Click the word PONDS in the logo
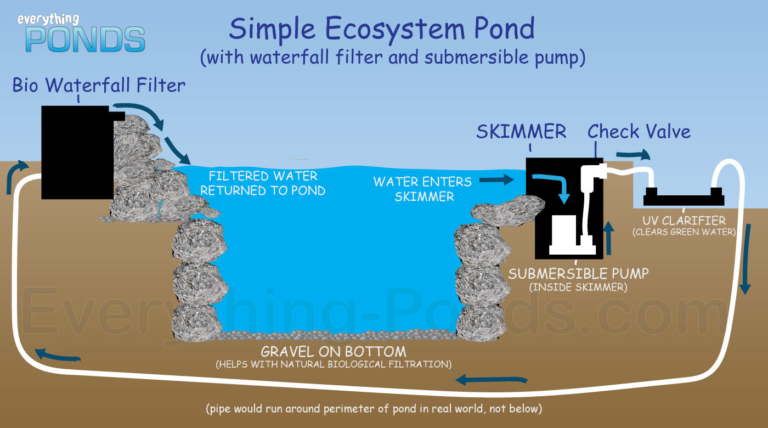pyautogui.click(x=86, y=40)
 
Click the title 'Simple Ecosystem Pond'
pyautogui.click(x=382, y=29)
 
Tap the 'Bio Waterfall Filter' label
pyautogui.click(x=99, y=85)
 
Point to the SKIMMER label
pyautogui.click(x=521, y=132)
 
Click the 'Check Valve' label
pyautogui.click(x=639, y=131)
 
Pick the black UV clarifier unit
pyautogui.click(x=684, y=197)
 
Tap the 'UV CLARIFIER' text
pyautogui.click(x=684, y=220)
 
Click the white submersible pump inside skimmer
pyautogui.click(x=572, y=235)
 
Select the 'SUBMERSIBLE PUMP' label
pyautogui.click(x=578, y=274)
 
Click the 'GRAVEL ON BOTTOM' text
pyautogui.click(x=334, y=352)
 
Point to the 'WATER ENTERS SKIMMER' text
pyautogui.click(x=423, y=189)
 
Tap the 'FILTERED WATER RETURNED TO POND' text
pyautogui.click(x=263, y=183)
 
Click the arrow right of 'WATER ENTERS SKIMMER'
pyautogui.click(x=496, y=180)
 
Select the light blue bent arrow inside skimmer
pyautogui.click(x=555, y=185)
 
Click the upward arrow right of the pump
pyautogui.click(x=608, y=238)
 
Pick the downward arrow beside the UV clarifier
pyautogui.click(x=746, y=259)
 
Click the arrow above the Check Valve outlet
pyautogui.click(x=633, y=155)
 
